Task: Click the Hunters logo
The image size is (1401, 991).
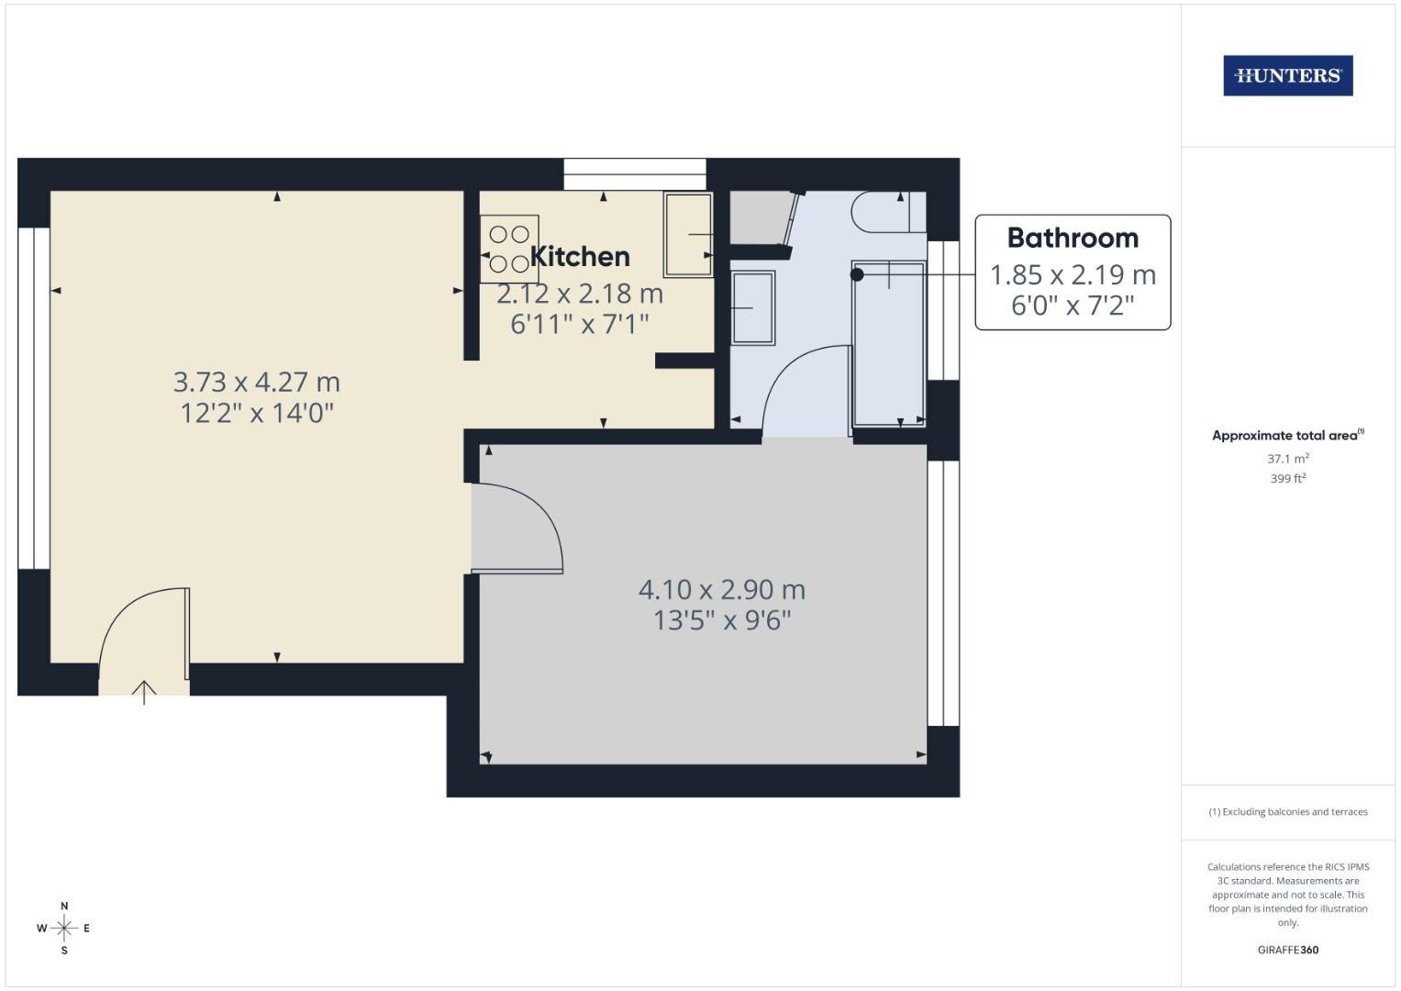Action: [x=1287, y=76]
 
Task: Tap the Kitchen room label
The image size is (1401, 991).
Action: [x=580, y=256]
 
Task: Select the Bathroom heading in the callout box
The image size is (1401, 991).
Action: [x=1073, y=238]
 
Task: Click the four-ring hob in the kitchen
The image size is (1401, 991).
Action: [x=509, y=249]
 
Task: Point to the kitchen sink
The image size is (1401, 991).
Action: [x=688, y=235]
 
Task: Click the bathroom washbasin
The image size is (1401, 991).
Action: [x=752, y=307]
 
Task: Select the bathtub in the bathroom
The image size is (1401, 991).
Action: [x=888, y=344]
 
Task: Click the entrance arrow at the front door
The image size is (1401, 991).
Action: [x=144, y=691]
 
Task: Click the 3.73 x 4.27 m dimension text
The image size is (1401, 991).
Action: [x=257, y=381]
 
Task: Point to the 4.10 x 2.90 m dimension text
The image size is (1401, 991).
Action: [x=722, y=589]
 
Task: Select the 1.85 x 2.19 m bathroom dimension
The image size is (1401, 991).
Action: [x=1073, y=274]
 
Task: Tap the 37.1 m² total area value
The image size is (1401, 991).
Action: [x=1287, y=459]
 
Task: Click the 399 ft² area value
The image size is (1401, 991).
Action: [x=1287, y=479]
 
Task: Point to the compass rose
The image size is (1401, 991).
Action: [x=64, y=928]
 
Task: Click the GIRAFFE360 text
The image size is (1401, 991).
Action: [x=1287, y=950]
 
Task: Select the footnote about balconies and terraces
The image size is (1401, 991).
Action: [x=1287, y=812]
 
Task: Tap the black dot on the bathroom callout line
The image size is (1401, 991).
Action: [x=857, y=274]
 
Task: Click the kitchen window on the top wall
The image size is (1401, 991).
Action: [x=634, y=174]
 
